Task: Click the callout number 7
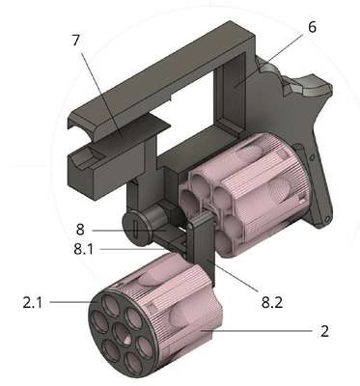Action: [x=75, y=41]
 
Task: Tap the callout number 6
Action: [x=312, y=27]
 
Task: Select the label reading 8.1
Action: [x=83, y=249]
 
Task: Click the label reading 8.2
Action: [x=272, y=302]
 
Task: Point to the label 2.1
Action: [x=32, y=302]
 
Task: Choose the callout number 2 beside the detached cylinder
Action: [x=325, y=331]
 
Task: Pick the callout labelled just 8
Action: [x=80, y=230]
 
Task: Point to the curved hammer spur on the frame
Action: [x=309, y=86]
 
